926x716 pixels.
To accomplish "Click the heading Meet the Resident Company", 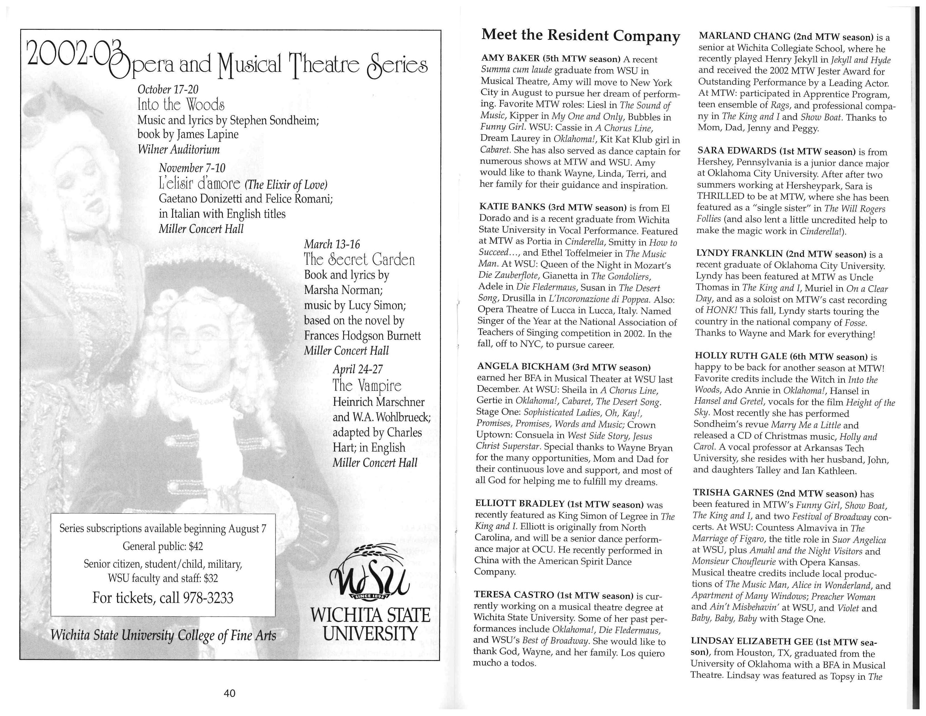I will click(x=581, y=35).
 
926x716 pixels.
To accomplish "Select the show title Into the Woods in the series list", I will click(x=181, y=105).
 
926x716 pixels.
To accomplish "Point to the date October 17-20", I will click(x=168, y=90).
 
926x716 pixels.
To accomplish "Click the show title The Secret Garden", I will click(x=359, y=259).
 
